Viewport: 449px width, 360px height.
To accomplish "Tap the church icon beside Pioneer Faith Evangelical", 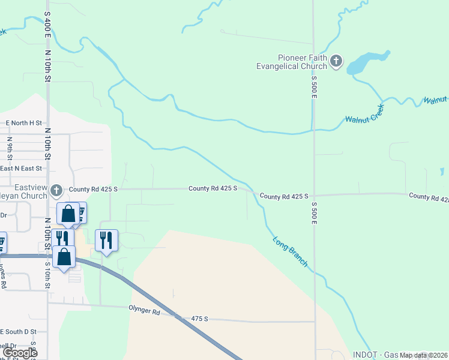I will pos(336,61).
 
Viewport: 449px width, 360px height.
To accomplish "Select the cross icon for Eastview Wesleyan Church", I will pos(56,191).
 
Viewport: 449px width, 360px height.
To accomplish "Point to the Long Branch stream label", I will pos(291,252).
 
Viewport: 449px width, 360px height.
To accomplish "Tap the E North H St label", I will pos(23,123).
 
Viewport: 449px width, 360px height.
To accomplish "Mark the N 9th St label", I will pos(10,146).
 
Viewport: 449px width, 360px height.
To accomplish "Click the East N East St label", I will pos(21,169).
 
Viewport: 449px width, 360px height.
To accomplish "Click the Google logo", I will pos(19,353).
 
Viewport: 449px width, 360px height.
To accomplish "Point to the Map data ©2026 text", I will pos(423,355).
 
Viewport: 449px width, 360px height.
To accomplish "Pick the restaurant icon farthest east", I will pos(106,241).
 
